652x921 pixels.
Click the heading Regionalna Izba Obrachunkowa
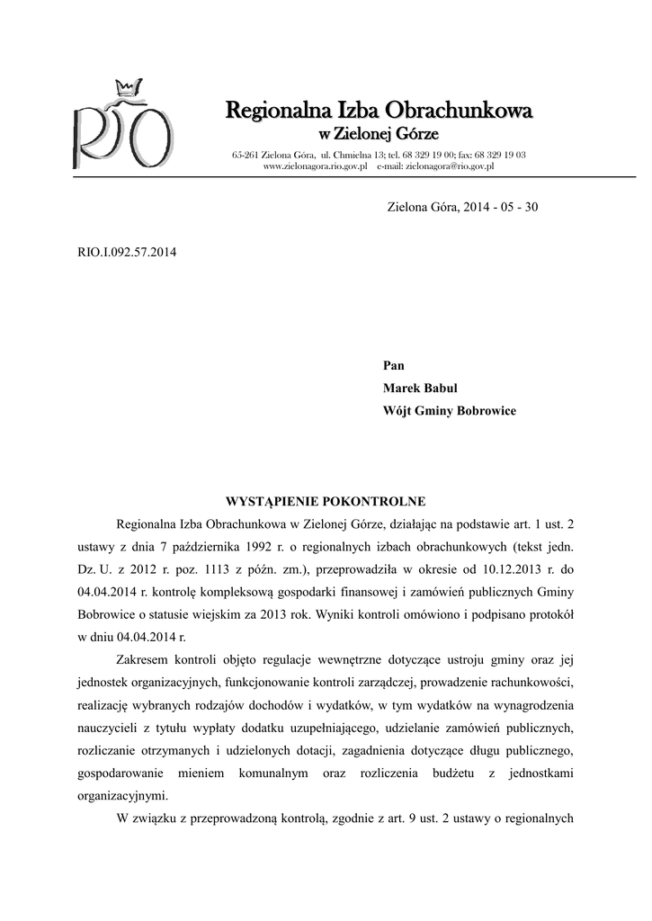[x=378, y=112]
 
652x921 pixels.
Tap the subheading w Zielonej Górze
[x=378, y=135]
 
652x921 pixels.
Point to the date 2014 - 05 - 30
[x=501, y=207]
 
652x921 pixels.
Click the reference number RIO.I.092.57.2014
[x=127, y=252]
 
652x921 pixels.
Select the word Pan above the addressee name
[x=394, y=365]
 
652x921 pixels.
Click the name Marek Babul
[x=420, y=389]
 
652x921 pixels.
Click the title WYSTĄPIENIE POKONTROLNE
[x=325, y=501]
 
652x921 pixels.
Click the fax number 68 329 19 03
[x=505, y=156]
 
